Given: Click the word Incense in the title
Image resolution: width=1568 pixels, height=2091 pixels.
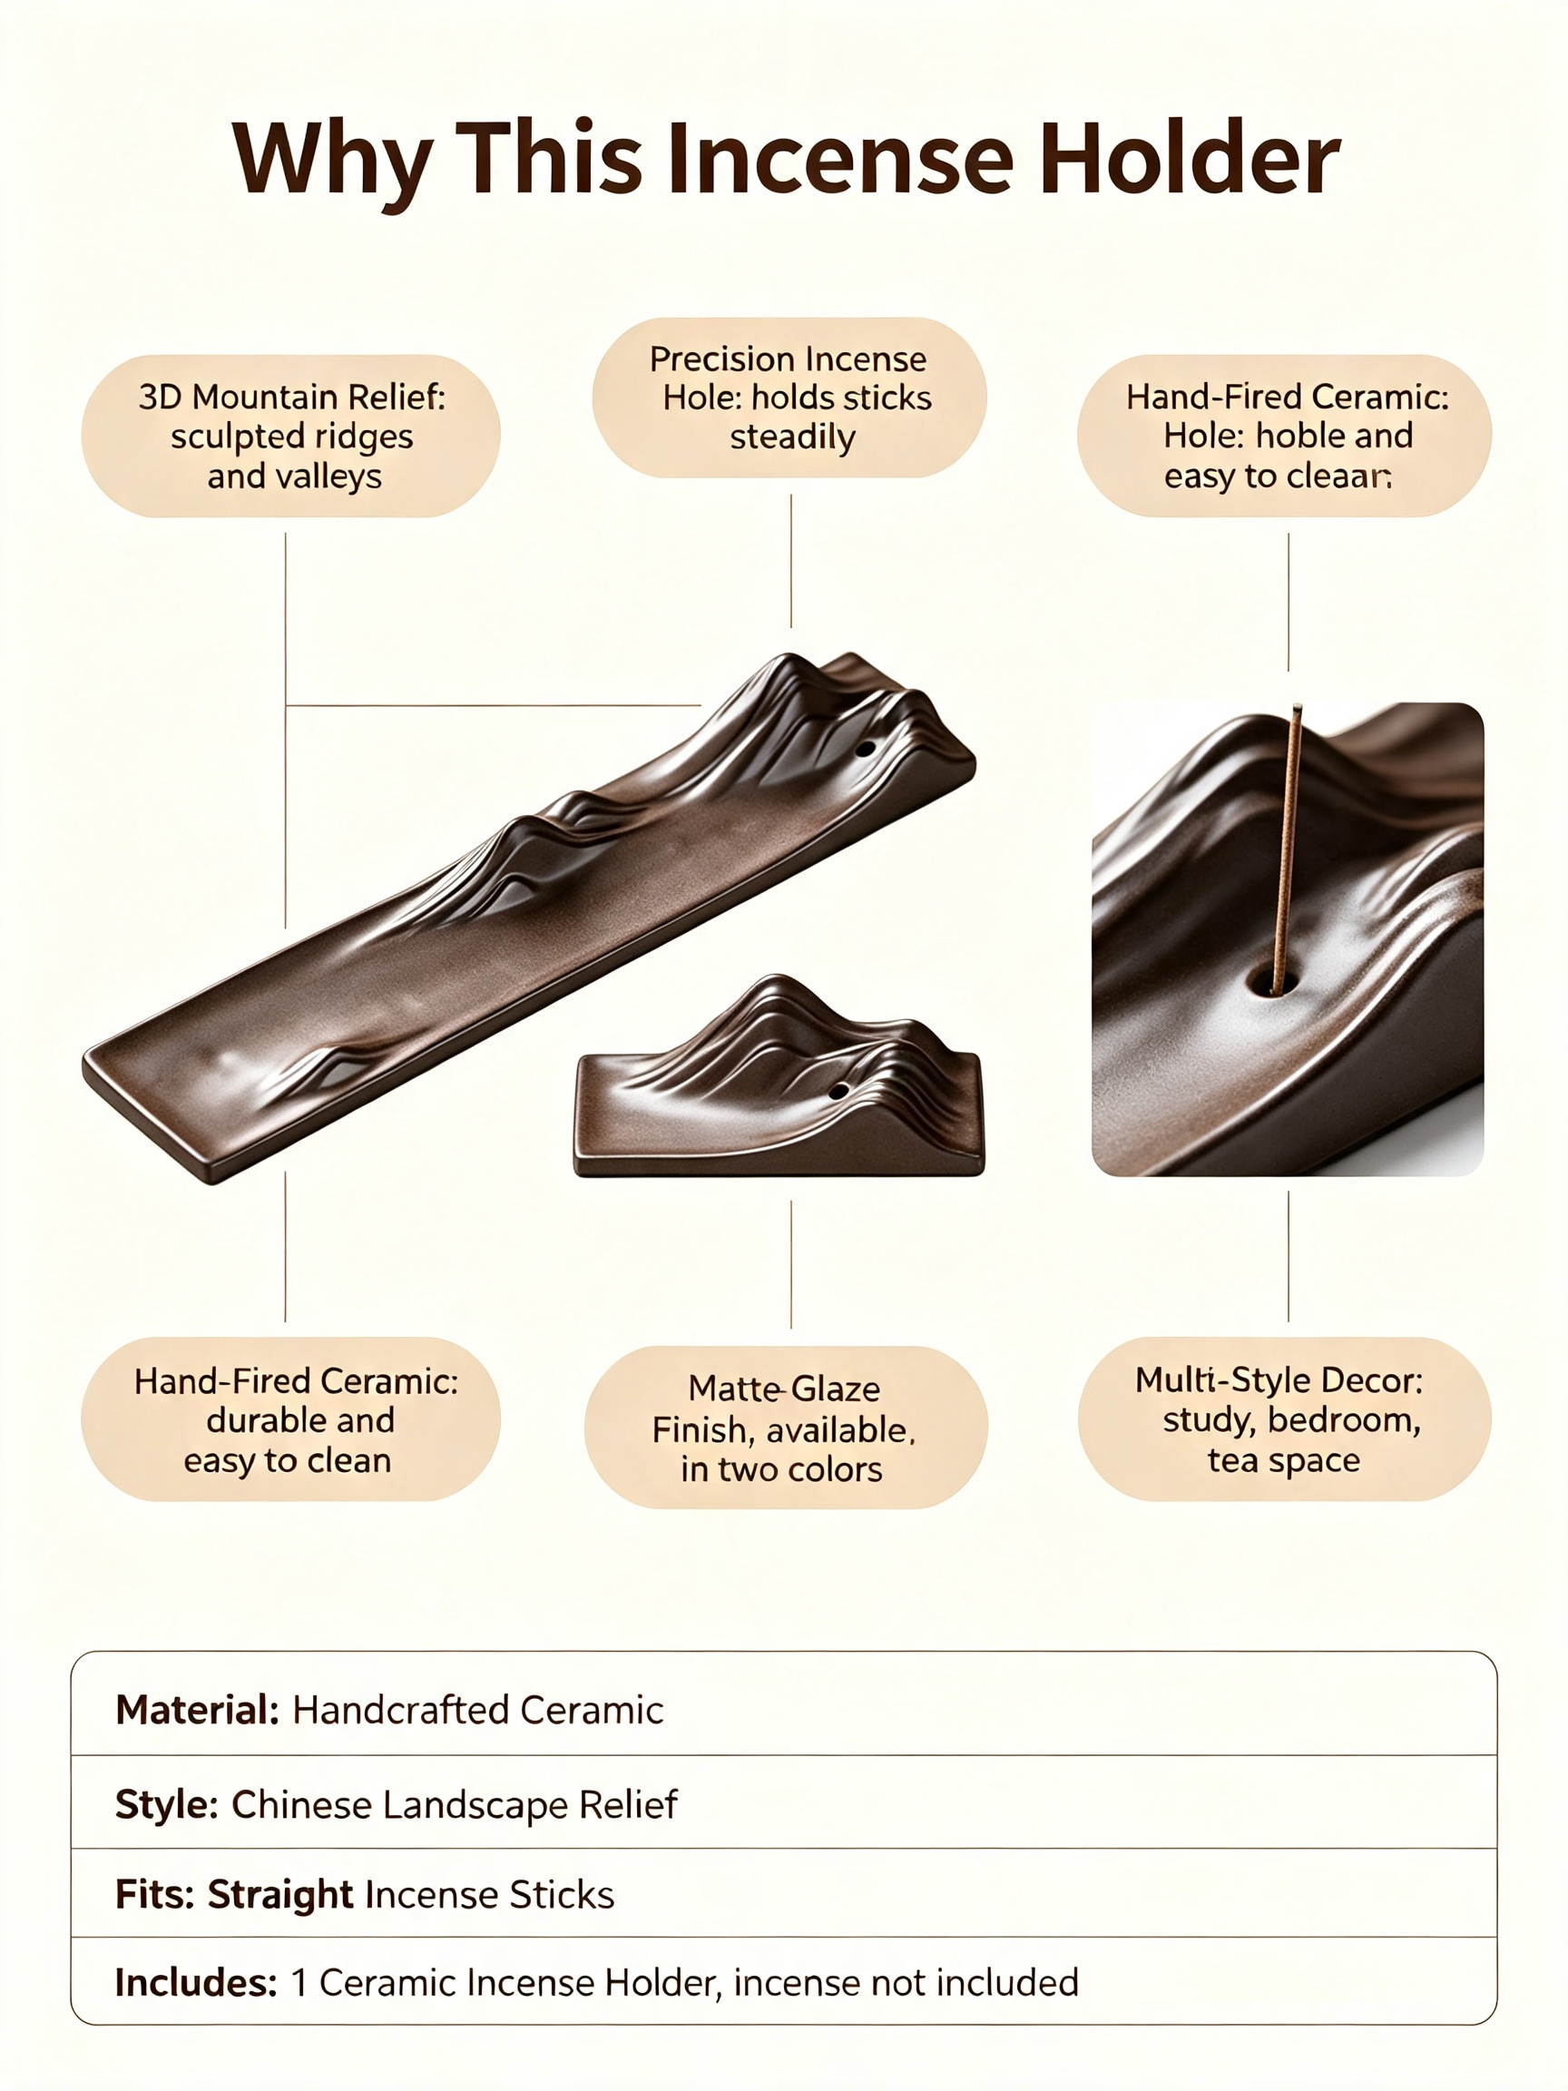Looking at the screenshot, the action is (x=840, y=158).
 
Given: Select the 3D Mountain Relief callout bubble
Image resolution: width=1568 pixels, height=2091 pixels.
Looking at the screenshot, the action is (x=291, y=436).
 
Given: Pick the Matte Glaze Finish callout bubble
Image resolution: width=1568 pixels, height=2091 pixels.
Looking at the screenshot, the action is (x=787, y=1428).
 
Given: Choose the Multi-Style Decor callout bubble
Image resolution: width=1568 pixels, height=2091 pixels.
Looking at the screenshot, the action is (x=1285, y=1419).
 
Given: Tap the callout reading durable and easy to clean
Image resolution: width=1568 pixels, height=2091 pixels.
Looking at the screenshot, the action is (x=291, y=1419).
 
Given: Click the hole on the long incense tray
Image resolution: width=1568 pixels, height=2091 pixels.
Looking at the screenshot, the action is (x=866, y=750).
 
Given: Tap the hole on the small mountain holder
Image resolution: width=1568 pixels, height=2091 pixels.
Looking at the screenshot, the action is (x=838, y=1091).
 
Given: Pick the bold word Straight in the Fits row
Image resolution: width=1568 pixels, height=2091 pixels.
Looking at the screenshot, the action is (x=280, y=1894).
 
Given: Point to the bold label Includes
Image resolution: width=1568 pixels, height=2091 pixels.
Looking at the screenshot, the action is (x=197, y=1982).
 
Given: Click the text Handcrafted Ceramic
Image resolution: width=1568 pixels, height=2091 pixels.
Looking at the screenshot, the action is (x=478, y=1710).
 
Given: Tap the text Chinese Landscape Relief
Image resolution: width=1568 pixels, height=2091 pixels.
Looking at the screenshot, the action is (x=455, y=1804).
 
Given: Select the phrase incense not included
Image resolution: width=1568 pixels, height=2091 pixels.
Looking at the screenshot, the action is (x=906, y=1982).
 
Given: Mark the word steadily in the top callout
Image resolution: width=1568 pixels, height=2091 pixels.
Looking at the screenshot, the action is (x=793, y=437).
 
